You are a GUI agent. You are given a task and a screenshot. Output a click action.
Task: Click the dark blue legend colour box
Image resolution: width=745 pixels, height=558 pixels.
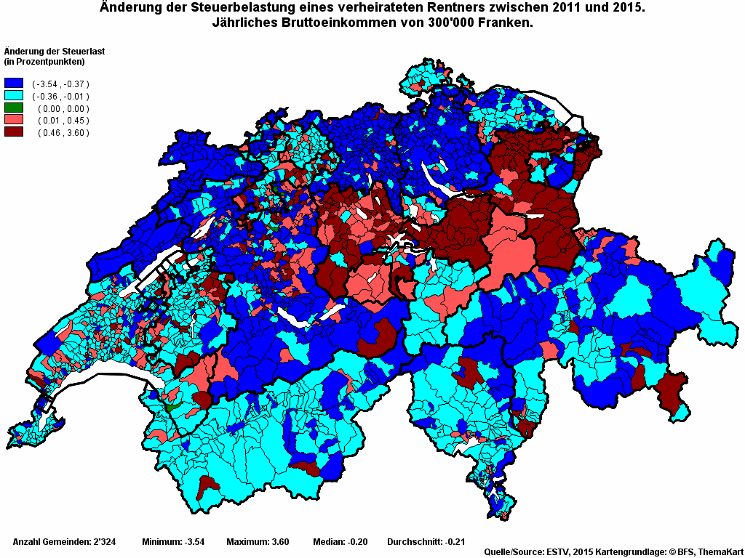(14, 84)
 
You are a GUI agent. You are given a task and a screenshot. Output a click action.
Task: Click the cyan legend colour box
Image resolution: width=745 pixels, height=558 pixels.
(14, 96)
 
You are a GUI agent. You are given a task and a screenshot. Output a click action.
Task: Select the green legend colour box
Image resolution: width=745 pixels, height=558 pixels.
(14, 108)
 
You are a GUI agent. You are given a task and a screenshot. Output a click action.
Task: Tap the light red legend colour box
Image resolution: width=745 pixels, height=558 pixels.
(14, 120)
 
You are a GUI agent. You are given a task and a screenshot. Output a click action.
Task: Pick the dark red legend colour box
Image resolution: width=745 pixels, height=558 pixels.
(14, 132)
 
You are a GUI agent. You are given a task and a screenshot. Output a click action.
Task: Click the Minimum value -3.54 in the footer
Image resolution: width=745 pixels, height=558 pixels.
(192, 542)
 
